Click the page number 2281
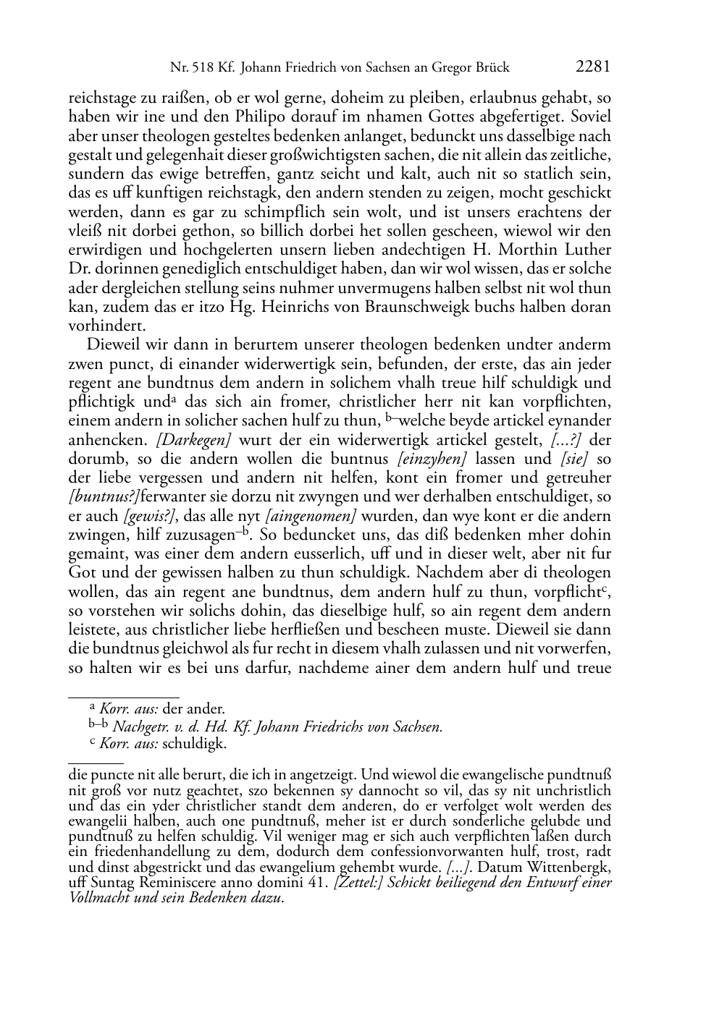[x=593, y=67]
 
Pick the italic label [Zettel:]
[x=358, y=883]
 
